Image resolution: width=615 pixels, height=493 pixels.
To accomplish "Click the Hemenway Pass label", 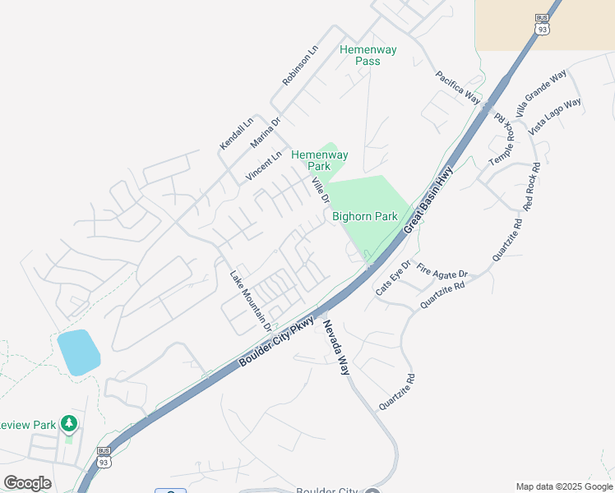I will (368, 55).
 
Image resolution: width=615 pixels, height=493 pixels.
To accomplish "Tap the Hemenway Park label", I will (320, 160).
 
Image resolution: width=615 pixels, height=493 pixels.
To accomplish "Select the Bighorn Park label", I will (364, 217).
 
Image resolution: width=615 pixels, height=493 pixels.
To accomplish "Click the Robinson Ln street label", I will (299, 66).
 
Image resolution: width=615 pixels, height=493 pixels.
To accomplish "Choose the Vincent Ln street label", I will (263, 166).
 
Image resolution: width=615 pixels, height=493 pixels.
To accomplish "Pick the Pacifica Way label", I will (457, 86).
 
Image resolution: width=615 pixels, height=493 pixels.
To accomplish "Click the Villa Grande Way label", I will (541, 93).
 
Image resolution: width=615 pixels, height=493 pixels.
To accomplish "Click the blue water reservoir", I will (79, 352).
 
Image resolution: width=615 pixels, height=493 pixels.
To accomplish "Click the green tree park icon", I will (69, 423).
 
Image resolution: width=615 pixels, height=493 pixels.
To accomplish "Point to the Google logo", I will (27, 482).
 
